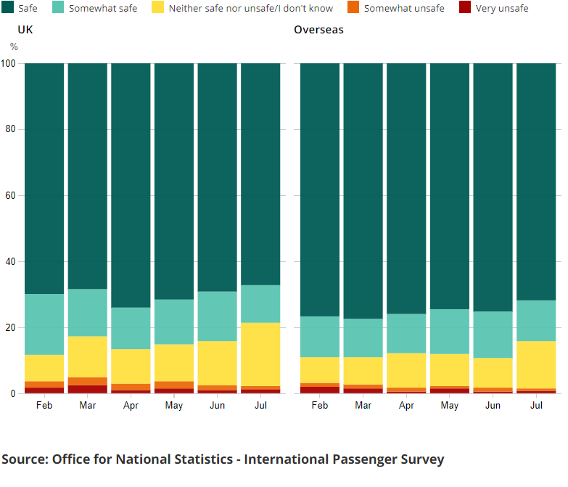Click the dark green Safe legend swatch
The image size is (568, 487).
(8, 8)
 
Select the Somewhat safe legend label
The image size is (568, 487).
(102, 9)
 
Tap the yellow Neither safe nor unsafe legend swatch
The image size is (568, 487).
(157, 8)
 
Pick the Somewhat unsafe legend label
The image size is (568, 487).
(404, 9)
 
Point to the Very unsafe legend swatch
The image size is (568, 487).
(465, 8)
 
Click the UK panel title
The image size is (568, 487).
(25, 30)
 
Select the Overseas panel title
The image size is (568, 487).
(318, 30)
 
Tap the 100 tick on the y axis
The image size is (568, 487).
(9, 64)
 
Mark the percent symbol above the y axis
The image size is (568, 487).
(14, 47)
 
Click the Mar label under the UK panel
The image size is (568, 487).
(87, 405)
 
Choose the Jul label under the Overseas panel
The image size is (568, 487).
(536, 405)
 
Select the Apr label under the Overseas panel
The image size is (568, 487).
(406, 405)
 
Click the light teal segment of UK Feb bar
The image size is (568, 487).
(44, 324)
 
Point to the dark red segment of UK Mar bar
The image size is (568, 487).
(87, 390)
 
